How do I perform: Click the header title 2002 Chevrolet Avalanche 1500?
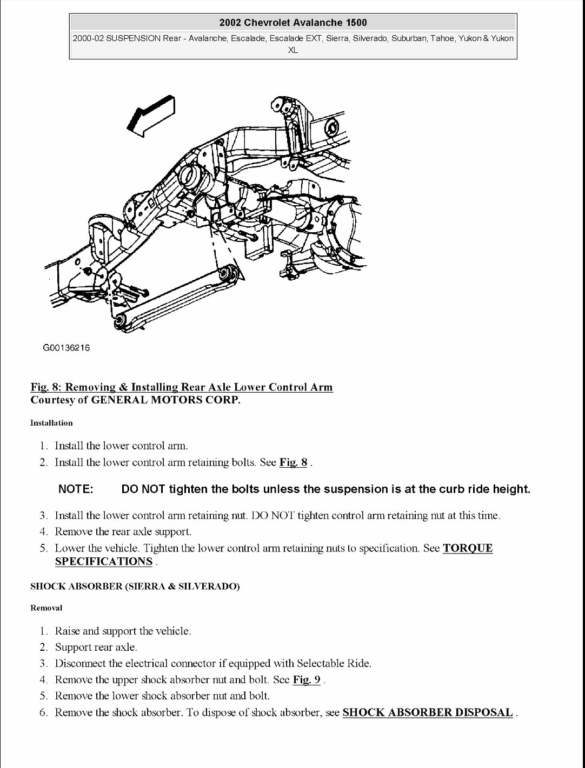(293, 23)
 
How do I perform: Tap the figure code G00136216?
(66, 348)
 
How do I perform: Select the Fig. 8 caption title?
(182, 387)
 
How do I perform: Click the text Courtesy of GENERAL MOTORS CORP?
(135, 400)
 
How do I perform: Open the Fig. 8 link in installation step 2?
(293, 462)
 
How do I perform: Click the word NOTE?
(76, 489)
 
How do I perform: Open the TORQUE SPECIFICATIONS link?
(467, 548)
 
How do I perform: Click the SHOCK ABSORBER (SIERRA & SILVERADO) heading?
(135, 587)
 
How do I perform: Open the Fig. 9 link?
(307, 679)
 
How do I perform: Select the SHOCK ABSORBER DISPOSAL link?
(427, 712)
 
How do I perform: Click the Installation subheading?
(51, 423)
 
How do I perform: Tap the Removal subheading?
(46, 608)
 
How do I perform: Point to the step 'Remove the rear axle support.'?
(123, 532)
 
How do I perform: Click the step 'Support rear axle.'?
(96, 647)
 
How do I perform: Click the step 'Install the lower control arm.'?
(122, 446)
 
